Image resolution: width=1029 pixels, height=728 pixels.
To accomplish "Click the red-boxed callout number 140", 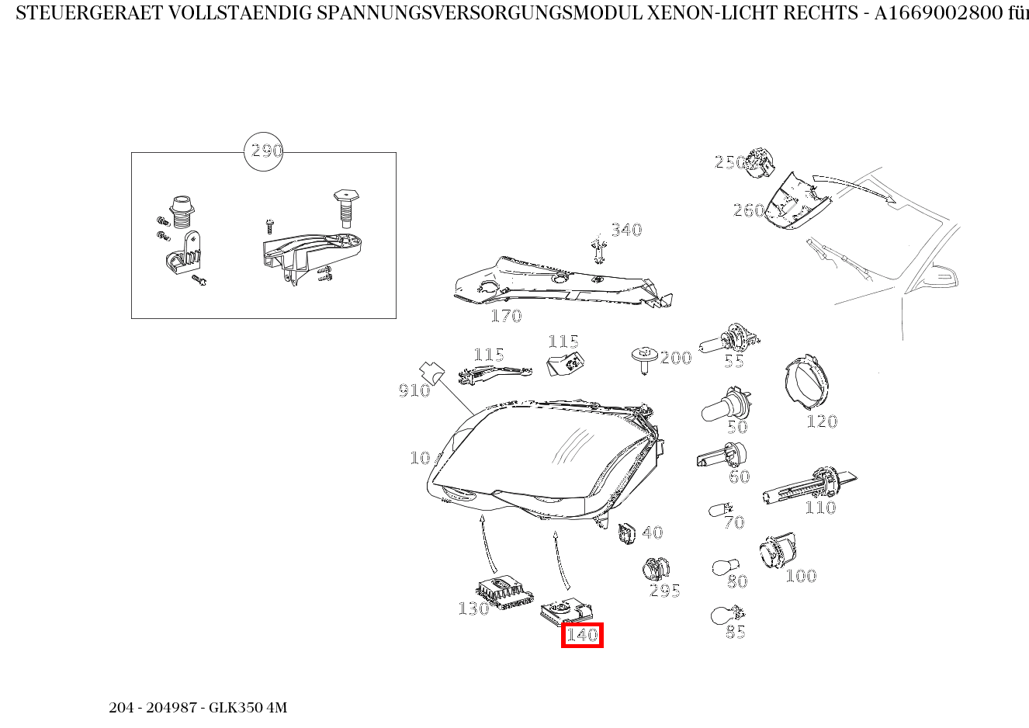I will tap(582, 635).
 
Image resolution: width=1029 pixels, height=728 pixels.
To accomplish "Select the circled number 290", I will tap(264, 151).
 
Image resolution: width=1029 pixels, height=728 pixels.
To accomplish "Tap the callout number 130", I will tap(473, 608).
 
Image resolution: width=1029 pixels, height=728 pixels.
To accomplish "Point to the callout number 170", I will tap(506, 316).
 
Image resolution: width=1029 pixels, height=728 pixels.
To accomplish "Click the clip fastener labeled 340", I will tap(598, 249).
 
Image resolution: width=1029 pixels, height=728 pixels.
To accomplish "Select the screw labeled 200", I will tap(643, 359).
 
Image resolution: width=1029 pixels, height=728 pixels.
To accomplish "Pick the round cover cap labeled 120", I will tap(806, 385).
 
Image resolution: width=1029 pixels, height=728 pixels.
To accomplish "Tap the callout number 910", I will tap(414, 390).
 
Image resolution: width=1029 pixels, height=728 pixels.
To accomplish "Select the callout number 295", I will tap(665, 591).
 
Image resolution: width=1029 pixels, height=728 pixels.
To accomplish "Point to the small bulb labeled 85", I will tap(723, 616).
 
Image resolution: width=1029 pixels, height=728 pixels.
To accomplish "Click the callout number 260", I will tap(749, 210).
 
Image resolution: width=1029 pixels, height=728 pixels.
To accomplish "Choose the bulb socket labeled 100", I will tap(777, 553).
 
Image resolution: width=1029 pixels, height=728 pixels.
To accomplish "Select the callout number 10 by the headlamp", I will tap(420, 458).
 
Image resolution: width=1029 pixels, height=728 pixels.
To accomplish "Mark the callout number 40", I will tap(653, 532).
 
